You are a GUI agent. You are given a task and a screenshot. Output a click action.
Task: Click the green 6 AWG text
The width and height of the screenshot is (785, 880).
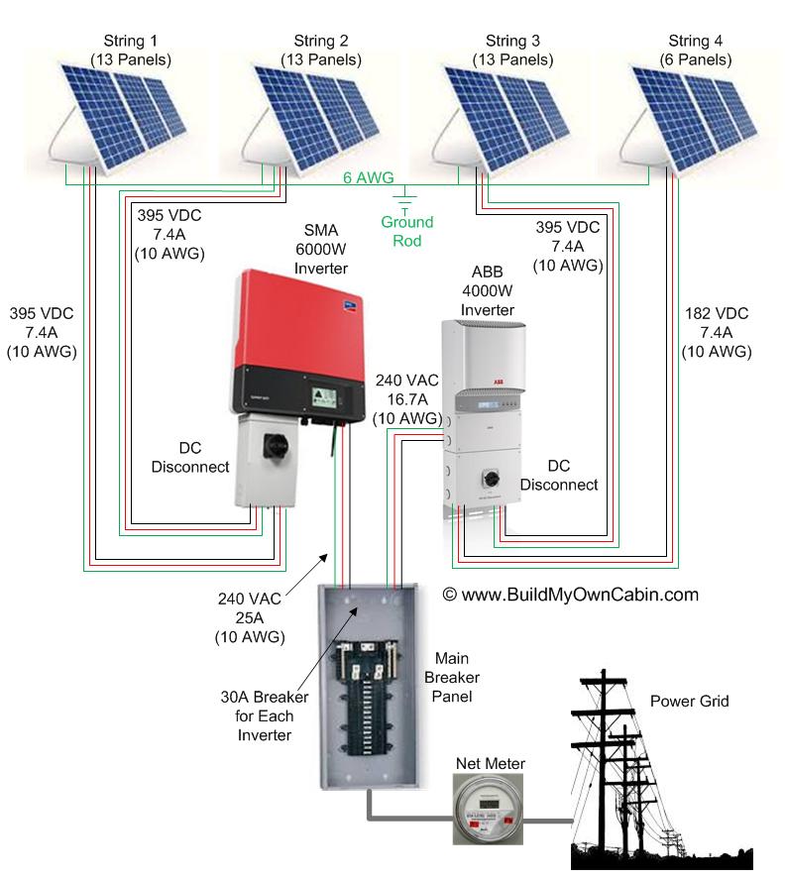pyautogui.click(x=370, y=178)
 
